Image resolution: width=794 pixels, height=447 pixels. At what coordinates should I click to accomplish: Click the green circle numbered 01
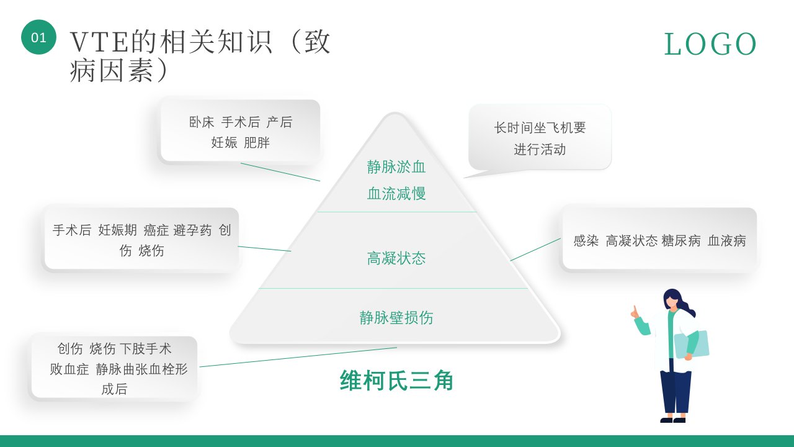tap(38, 37)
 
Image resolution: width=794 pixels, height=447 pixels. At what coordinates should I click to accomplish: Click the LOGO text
tap(710, 44)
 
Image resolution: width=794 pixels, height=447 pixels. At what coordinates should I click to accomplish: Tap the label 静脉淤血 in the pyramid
tap(396, 167)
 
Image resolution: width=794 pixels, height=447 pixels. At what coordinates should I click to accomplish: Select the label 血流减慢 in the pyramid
tap(396, 194)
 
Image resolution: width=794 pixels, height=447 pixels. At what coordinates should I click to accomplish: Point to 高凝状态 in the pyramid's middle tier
tap(396, 258)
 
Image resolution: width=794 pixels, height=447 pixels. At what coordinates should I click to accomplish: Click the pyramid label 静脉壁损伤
tap(396, 317)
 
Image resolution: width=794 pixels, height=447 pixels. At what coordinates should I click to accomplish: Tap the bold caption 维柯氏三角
tap(396, 381)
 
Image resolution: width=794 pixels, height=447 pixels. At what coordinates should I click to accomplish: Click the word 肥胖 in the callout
tap(257, 143)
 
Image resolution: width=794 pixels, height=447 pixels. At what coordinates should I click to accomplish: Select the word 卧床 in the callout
tap(202, 122)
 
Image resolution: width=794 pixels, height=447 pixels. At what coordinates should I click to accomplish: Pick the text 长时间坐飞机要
tap(540, 128)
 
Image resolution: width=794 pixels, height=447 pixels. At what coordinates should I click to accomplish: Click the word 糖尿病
tap(681, 240)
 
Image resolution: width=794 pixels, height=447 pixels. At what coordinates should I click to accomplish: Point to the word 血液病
tap(726, 240)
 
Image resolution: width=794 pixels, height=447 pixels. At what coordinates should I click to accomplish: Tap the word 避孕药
tap(192, 230)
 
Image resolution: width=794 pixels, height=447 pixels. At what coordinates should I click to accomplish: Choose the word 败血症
tap(69, 369)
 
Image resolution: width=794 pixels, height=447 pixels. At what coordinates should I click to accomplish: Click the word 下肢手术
tap(146, 349)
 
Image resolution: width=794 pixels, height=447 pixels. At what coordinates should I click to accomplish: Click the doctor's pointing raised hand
tap(635, 312)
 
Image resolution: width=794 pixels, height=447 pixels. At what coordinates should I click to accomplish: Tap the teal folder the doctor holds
tap(692, 344)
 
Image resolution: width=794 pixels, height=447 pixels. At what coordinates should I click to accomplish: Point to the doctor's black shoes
tap(673, 420)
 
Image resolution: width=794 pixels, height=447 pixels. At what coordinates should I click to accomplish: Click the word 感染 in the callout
tap(586, 240)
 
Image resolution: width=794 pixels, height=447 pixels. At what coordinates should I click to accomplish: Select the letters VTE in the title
tap(99, 42)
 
